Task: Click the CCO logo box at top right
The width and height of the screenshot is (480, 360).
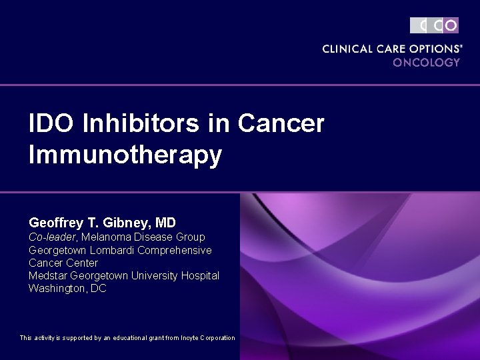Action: click(x=434, y=25)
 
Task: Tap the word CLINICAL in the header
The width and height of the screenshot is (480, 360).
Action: click(x=347, y=49)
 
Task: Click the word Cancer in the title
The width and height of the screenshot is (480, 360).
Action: click(x=281, y=123)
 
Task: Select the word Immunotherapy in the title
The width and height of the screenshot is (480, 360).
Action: click(x=125, y=155)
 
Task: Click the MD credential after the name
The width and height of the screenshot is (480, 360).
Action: click(x=165, y=222)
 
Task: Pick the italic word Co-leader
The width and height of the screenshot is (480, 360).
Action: click(x=53, y=237)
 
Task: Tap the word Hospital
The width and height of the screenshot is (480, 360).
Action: click(x=199, y=276)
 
